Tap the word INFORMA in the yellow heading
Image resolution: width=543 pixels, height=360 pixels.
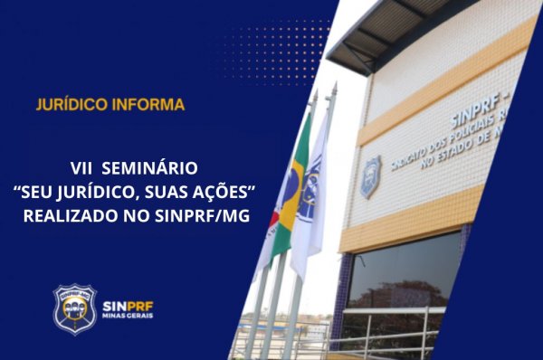coord(148,104)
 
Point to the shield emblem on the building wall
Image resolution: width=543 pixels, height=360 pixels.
coord(370,176)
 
